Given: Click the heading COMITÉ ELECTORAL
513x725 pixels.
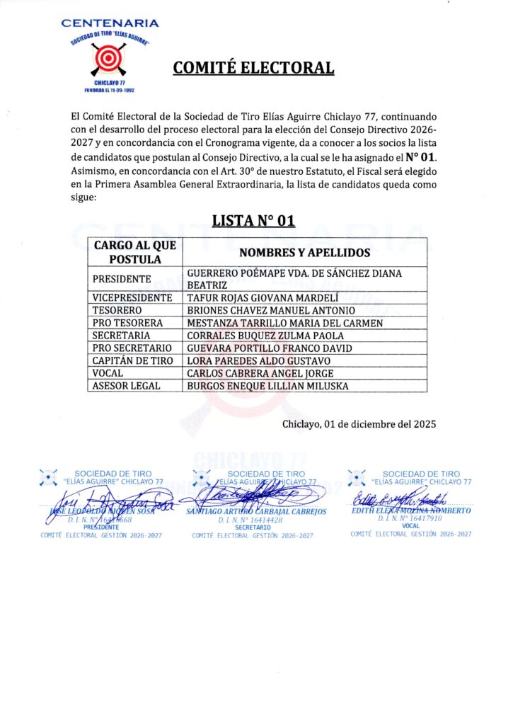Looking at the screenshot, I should (x=254, y=68).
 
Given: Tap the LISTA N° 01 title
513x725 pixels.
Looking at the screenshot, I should (x=253, y=220).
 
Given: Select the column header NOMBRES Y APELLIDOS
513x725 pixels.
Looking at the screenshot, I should (x=305, y=253).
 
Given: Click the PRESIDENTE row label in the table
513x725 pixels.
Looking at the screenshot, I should (x=122, y=279).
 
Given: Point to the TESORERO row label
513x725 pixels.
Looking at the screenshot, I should (x=117, y=311).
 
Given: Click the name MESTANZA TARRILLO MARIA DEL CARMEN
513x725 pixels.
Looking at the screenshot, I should (x=284, y=324).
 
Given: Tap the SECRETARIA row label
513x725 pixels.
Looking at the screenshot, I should (x=121, y=336).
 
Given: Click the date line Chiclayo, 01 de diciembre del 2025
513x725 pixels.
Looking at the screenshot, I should (x=359, y=424).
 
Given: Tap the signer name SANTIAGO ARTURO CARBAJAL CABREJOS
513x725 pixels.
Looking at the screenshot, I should (x=256, y=512).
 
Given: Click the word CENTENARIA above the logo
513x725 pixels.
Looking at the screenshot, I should (x=110, y=23).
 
